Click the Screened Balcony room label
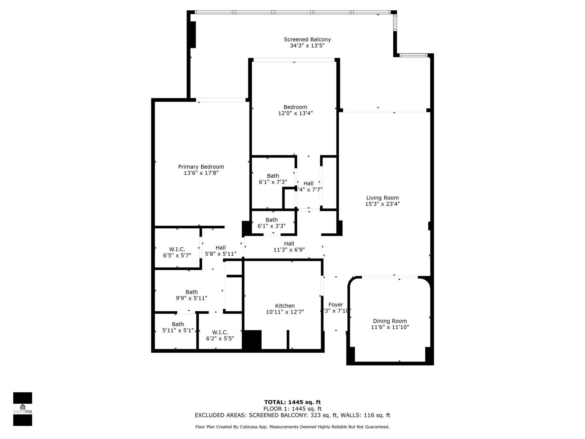point(307,39)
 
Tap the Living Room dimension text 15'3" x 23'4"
point(382,204)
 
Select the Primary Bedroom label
point(201,167)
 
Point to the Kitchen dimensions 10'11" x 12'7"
point(285,312)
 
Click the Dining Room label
point(390,321)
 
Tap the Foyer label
point(336,305)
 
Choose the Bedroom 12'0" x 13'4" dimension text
point(295,113)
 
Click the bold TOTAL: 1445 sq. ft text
point(292,402)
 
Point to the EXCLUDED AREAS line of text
point(292,415)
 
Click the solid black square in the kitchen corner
point(252,339)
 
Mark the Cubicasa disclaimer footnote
point(292,427)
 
